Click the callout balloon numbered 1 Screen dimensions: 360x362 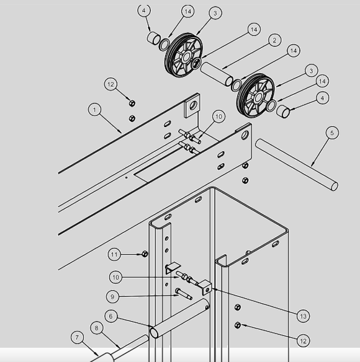coord(94,110)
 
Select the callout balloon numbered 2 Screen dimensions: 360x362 coord(275,40)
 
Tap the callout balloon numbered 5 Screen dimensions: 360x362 coord(332,133)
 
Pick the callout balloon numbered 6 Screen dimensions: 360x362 coord(111,316)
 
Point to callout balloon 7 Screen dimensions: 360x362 coord(77,338)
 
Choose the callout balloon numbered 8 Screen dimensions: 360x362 coord(96,328)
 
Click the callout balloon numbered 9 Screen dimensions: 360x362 coord(112,296)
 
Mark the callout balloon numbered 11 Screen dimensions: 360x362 coord(114,254)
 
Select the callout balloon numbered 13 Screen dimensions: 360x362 coord(303,316)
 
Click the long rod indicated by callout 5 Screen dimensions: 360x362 coord(297,165)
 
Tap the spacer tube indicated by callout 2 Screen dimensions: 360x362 coord(217,74)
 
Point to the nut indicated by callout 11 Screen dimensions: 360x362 coord(145,254)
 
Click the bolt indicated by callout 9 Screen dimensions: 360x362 coord(184,294)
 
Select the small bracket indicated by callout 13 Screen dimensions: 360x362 coord(205,288)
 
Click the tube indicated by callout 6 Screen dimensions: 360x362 coord(179,319)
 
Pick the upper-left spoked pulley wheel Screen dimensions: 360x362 coord(184,55)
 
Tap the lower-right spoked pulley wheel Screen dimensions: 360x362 coord(256,95)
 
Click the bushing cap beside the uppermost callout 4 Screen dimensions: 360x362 coord(153,37)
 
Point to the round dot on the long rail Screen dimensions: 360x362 coord(126,177)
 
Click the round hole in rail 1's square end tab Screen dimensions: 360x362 coord(193,105)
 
